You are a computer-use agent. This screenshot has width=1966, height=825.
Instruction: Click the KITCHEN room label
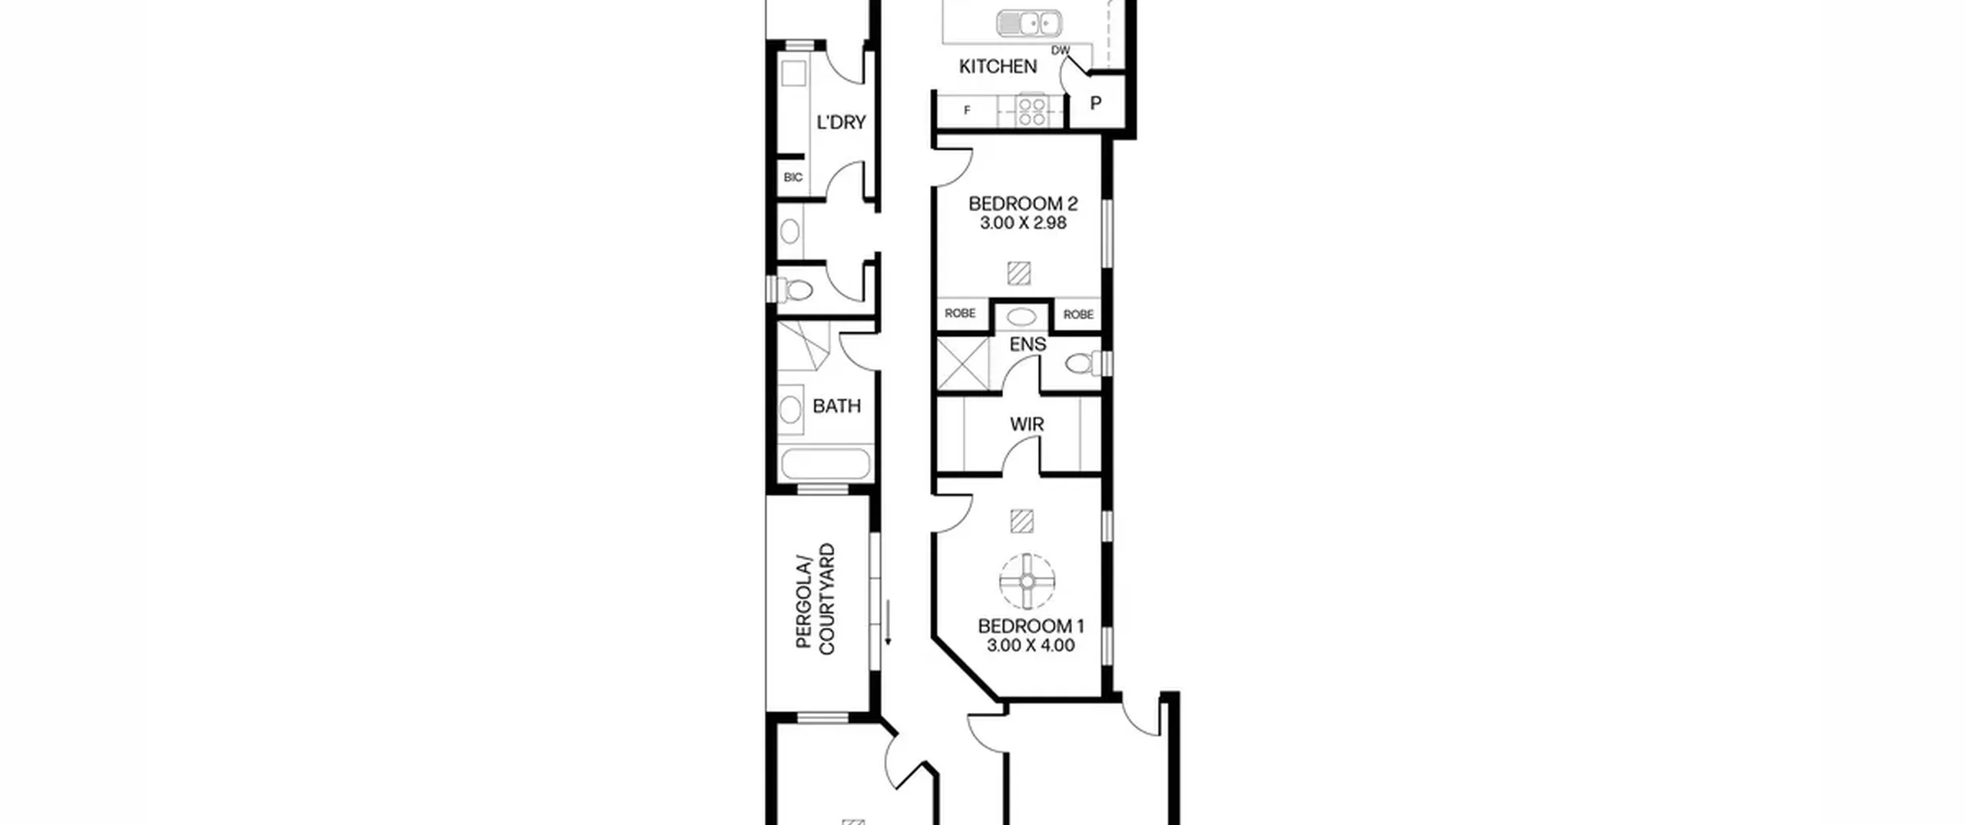[998, 67]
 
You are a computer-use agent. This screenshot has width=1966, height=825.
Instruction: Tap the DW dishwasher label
[1061, 51]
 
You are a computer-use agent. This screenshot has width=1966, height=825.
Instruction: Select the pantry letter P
[1096, 103]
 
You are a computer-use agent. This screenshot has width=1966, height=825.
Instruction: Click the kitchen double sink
[1028, 24]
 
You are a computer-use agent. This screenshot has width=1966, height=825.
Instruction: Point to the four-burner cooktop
[1031, 111]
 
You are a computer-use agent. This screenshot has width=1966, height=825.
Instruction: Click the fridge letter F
[967, 111]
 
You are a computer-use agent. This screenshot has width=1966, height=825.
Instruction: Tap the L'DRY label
[841, 122]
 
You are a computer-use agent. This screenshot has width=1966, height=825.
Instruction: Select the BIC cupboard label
[793, 177]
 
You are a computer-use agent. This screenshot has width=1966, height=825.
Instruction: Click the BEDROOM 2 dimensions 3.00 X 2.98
[1023, 223]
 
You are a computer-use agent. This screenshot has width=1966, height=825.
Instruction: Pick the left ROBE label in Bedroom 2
[960, 313]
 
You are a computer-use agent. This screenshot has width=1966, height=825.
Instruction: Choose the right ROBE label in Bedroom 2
[1078, 314]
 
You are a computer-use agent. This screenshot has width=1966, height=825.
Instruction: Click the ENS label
[1028, 345]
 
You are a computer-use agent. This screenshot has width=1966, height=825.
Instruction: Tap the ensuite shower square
[963, 364]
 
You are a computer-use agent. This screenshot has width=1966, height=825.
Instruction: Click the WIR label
[1027, 424]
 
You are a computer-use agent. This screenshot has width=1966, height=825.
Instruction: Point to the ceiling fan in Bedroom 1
[1028, 582]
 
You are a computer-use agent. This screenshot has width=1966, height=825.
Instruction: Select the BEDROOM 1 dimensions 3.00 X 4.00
[1031, 645]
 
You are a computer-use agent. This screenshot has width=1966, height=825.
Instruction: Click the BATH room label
[836, 406]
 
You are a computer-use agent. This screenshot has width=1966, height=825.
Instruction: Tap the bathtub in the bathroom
[826, 464]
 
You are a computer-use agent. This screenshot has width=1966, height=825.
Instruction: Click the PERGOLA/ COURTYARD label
[816, 599]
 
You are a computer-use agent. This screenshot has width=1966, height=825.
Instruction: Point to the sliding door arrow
[889, 622]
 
